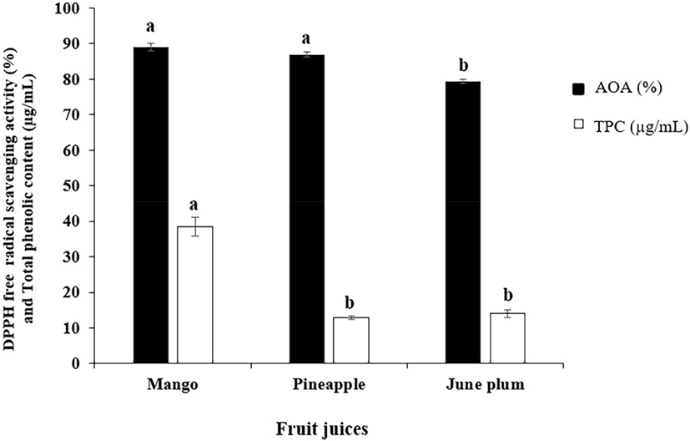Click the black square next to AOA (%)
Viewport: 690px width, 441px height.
(574, 86)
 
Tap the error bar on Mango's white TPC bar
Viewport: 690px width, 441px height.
(194, 226)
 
